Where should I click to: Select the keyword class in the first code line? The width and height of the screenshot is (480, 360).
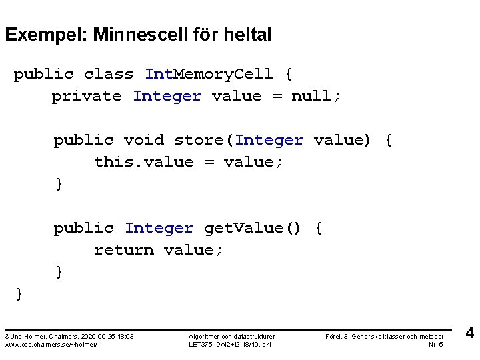pyautogui.click(x=108, y=74)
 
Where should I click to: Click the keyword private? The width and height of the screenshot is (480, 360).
pyautogui.click(x=87, y=96)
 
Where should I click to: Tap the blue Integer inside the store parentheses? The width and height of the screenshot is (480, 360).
pyautogui.click(x=269, y=140)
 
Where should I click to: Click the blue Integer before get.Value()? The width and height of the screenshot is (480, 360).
pyautogui.click(x=159, y=228)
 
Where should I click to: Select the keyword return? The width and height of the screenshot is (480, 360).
pyautogui.click(x=123, y=250)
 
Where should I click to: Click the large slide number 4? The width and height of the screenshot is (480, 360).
pyautogui.click(x=469, y=333)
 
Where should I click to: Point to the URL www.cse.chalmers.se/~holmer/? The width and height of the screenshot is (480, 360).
pyautogui.click(x=51, y=344)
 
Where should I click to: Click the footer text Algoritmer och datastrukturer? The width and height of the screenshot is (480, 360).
pyautogui.click(x=231, y=337)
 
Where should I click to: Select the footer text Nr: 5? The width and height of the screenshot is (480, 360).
pyautogui.click(x=437, y=344)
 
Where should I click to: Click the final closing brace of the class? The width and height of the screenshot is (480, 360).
pyautogui.click(x=19, y=294)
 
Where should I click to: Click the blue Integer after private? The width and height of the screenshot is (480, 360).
pyautogui.click(x=167, y=96)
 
